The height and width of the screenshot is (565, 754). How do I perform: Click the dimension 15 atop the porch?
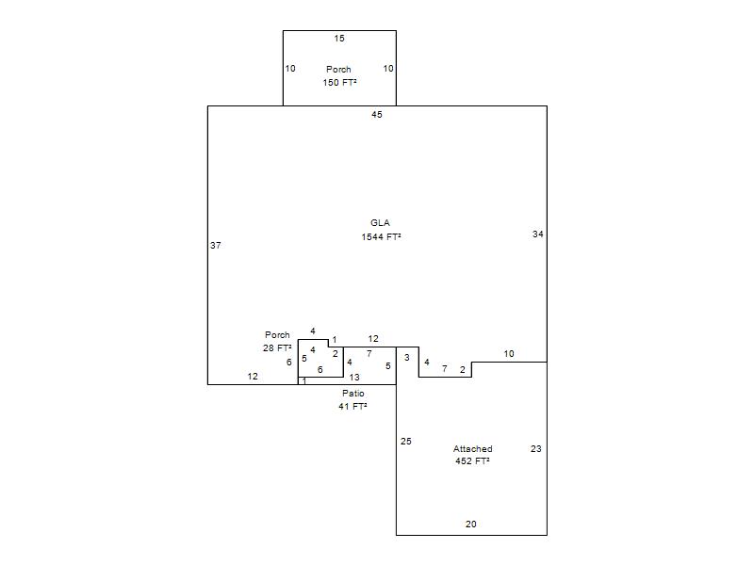(x=339, y=39)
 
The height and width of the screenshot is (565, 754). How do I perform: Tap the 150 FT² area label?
(x=339, y=83)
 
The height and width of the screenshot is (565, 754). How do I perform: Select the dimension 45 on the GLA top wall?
(x=377, y=114)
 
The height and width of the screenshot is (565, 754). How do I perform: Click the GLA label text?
(x=380, y=223)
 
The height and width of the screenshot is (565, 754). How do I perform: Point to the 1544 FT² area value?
(x=382, y=237)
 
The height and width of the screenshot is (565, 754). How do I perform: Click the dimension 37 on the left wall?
(x=216, y=246)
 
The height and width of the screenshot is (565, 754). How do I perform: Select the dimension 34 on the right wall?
(x=537, y=234)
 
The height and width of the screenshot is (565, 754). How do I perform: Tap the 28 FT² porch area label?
(x=277, y=347)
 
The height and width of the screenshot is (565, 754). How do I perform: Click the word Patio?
(x=353, y=394)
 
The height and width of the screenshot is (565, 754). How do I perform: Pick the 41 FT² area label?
(x=352, y=407)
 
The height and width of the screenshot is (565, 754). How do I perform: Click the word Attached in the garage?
(x=473, y=449)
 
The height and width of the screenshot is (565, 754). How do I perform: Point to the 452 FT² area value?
(x=472, y=461)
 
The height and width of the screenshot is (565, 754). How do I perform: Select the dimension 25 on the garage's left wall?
(x=406, y=441)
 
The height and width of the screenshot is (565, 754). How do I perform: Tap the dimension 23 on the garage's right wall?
(x=535, y=449)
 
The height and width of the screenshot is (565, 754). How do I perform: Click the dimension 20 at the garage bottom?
(x=470, y=525)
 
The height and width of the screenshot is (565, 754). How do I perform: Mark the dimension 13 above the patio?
(x=354, y=378)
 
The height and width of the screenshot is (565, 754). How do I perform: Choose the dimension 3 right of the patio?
(x=407, y=358)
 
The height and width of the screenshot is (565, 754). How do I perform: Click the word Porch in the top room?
(x=338, y=69)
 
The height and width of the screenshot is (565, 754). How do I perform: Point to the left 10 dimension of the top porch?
(x=290, y=68)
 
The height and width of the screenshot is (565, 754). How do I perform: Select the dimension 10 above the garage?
(x=509, y=354)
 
